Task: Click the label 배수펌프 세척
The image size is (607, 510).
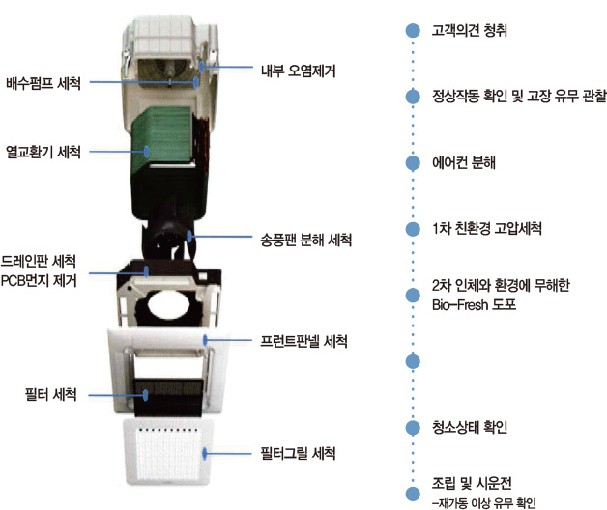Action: point(43,84)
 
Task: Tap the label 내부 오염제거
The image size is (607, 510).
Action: point(299,71)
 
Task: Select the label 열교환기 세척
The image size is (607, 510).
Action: point(43,152)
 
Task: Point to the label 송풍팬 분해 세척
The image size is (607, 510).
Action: point(305,240)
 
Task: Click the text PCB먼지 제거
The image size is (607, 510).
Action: point(39,280)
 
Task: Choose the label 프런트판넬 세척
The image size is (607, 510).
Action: point(303,341)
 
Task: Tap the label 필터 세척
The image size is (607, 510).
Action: point(50,395)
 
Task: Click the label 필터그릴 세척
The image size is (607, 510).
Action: point(298,453)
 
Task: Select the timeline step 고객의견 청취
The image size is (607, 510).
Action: point(470,30)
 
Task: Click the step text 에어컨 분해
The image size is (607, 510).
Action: point(464,162)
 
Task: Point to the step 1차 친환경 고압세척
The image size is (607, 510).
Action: point(487,228)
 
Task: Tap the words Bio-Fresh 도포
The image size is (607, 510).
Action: point(474,305)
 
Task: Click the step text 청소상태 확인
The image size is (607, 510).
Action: point(470,427)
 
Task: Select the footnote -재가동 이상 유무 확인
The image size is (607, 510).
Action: point(484,503)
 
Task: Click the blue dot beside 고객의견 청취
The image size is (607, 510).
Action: point(413,30)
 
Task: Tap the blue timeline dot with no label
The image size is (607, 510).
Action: point(413,361)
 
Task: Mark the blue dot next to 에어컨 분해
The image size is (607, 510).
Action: point(413,163)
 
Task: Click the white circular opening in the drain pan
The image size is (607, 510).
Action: point(168,303)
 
